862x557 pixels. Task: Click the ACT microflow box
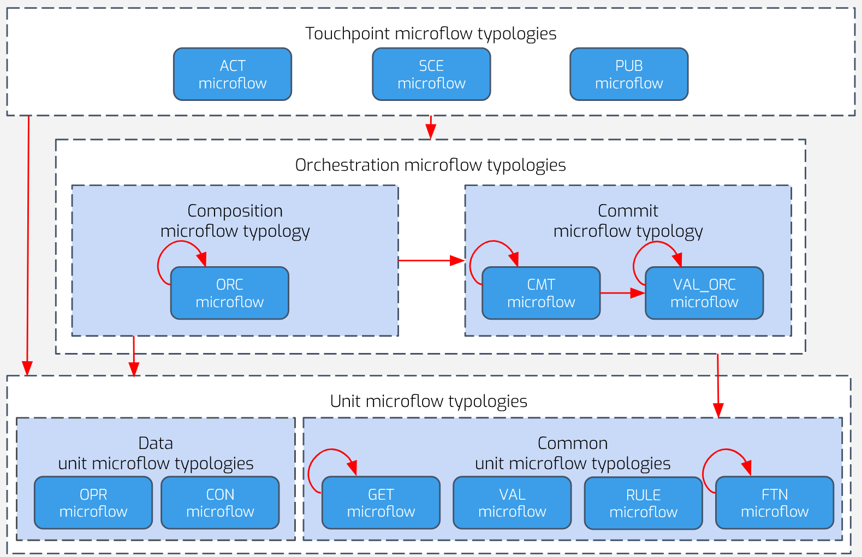(233, 74)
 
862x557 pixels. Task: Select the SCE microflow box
(431, 74)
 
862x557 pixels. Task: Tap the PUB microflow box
(629, 74)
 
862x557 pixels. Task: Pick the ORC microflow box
(230, 293)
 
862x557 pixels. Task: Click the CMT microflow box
(541, 293)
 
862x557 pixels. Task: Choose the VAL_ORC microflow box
(704, 293)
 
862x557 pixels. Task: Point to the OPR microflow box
(93, 502)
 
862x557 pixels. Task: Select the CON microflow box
(220, 502)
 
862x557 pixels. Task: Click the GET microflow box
(381, 502)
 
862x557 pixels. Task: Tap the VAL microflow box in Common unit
(512, 502)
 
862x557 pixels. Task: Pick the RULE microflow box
(644, 503)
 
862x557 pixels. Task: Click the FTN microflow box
(775, 502)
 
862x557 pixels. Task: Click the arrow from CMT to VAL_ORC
(622, 293)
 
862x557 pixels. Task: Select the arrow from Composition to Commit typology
(431, 261)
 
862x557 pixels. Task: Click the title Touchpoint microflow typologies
(431, 34)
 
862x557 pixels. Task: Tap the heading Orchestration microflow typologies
(430, 165)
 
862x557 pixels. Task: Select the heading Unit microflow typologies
(429, 402)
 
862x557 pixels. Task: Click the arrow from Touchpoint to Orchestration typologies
(431, 127)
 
